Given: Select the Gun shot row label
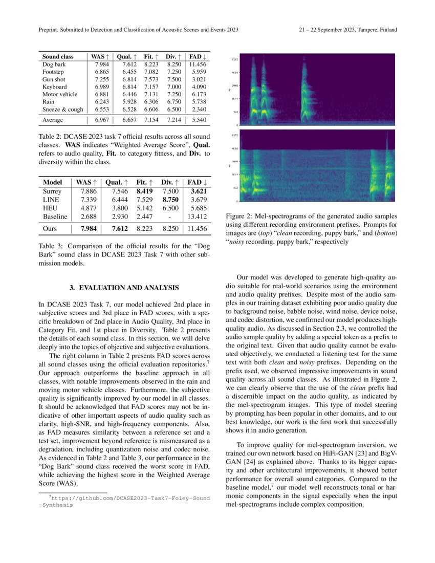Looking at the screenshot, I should (x=54, y=79).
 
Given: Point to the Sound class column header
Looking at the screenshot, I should (x=57, y=56).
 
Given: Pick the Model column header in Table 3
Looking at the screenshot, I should (x=53, y=182).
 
